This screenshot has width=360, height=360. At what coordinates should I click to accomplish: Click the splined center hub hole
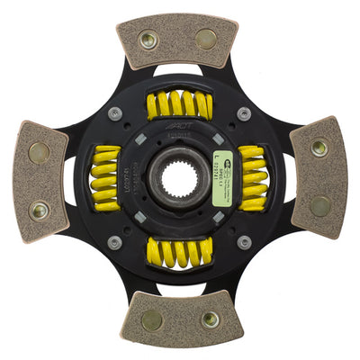click(178, 179)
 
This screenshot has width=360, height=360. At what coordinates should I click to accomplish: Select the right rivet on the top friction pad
click(206, 39)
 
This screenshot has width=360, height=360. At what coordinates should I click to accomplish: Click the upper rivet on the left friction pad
click(38, 152)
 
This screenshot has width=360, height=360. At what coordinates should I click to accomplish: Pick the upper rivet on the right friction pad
click(319, 148)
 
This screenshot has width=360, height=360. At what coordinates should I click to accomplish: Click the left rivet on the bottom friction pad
click(153, 319)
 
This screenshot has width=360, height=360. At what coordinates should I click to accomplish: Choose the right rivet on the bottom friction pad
click(210, 319)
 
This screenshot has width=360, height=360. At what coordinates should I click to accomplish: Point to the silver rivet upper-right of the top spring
click(244, 113)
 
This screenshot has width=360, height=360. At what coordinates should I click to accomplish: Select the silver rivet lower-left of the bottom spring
click(115, 242)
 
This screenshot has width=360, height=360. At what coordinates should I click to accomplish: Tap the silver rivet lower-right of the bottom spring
click(244, 242)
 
